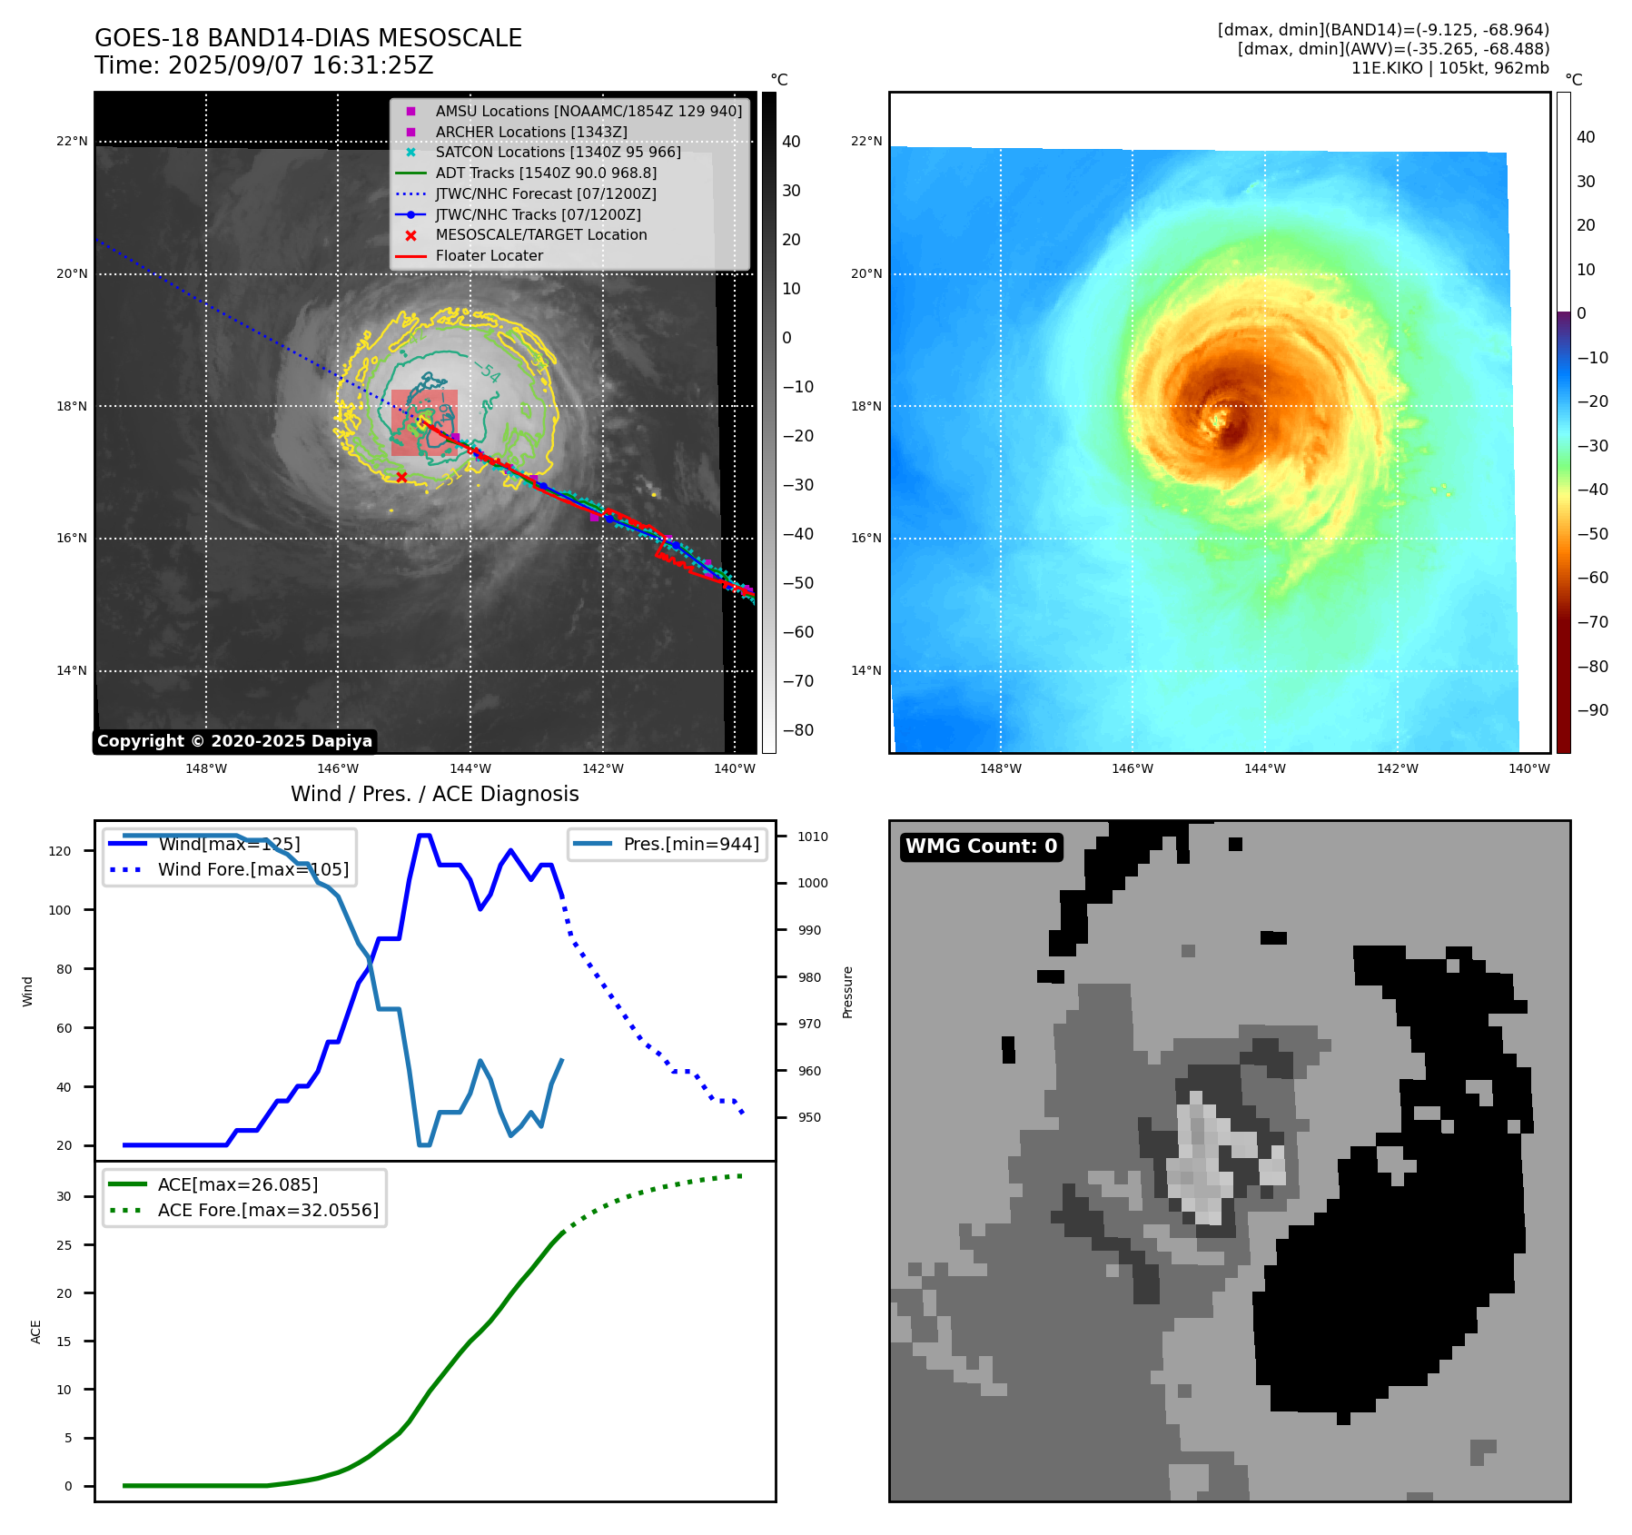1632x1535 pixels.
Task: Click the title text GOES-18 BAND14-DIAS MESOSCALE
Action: point(308,38)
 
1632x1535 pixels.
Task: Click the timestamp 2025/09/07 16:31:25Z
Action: point(301,66)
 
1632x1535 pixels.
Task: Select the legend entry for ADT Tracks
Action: point(545,173)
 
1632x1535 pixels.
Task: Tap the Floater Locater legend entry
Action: point(489,256)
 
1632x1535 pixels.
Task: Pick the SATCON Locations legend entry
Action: point(558,152)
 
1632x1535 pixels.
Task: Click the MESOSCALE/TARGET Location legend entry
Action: point(540,235)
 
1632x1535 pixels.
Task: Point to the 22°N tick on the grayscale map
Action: point(73,142)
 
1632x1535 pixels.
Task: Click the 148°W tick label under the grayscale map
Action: point(206,769)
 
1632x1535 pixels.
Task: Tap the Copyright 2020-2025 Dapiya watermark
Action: point(234,741)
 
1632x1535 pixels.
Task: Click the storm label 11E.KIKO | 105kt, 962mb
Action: point(1449,68)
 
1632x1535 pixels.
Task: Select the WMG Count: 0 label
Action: point(981,847)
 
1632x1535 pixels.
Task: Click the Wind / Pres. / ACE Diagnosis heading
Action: point(434,795)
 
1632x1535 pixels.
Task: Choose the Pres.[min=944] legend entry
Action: point(690,845)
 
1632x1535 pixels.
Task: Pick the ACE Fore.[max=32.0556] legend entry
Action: point(268,1211)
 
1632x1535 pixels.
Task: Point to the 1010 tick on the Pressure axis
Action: point(813,837)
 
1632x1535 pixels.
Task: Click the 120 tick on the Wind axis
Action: point(60,851)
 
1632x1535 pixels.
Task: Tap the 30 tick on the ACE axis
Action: point(64,1197)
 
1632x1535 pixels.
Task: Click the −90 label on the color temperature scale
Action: point(1592,710)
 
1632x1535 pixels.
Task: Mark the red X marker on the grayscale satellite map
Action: point(401,477)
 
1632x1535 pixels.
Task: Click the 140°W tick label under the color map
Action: point(1529,769)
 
